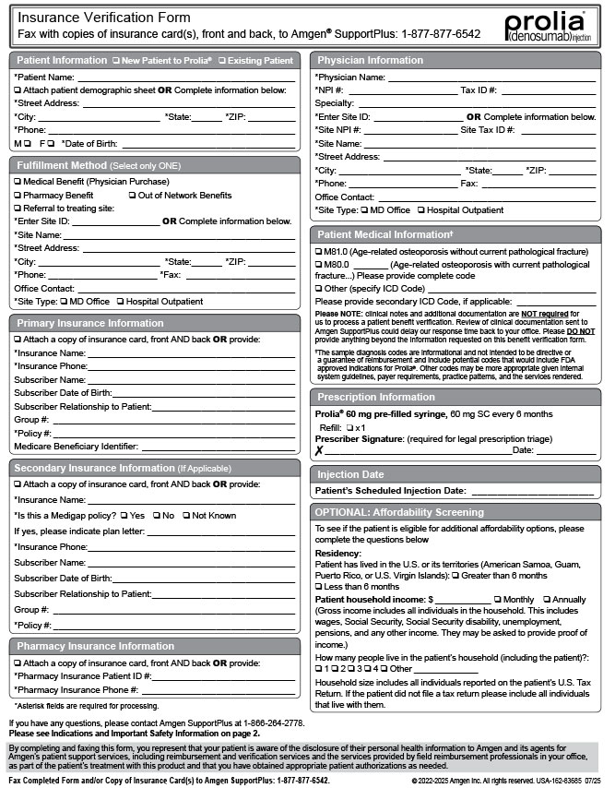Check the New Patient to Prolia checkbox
[115, 61]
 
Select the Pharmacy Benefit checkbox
[18, 196]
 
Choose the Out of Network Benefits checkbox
[132, 196]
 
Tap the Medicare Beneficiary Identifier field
[226, 448]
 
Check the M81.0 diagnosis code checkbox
[319, 252]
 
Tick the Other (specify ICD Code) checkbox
[319, 289]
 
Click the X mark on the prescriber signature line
[319, 450]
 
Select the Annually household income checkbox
[547, 600]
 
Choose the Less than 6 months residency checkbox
[319, 587]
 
